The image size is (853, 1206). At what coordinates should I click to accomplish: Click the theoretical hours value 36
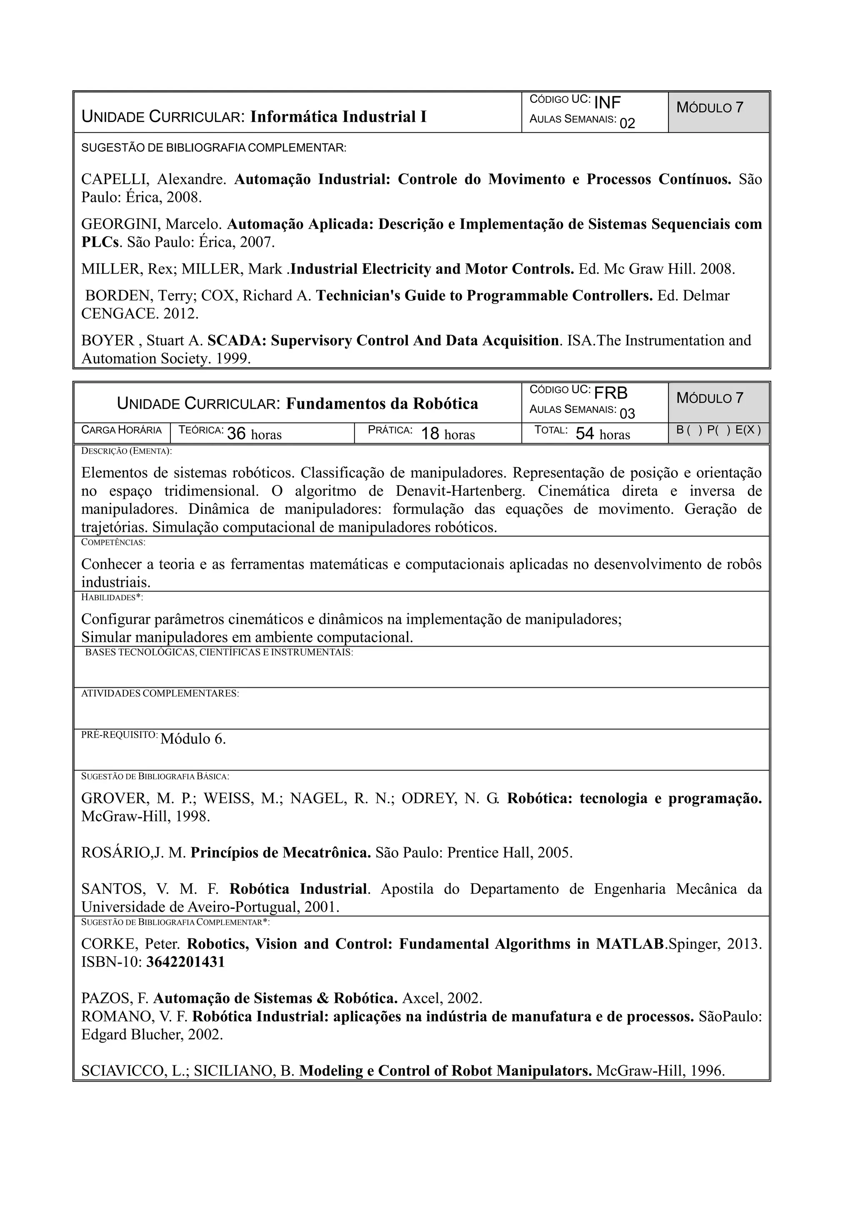coord(237,433)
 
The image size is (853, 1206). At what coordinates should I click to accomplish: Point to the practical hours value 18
coord(430,433)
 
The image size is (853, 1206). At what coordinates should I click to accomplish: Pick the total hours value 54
coord(585,433)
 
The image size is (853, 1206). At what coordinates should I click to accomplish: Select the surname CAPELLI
coord(115,180)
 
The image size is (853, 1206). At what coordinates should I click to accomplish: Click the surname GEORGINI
coord(121,224)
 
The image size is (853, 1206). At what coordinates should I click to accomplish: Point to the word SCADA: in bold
coord(237,341)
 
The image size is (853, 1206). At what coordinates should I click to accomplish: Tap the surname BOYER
coord(108,341)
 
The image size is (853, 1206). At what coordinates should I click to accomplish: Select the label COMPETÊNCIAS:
coord(113,542)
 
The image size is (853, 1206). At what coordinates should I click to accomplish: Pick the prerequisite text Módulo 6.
coord(193,739)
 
